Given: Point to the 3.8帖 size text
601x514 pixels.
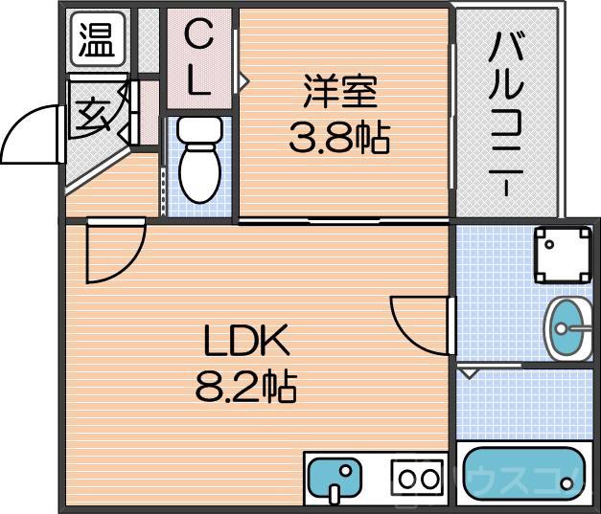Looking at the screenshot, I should click(340, 139).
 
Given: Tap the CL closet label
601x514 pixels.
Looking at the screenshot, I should click(198, 59).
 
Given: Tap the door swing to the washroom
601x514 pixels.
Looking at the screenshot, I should click(419, 324).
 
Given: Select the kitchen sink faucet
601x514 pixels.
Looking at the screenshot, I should click(335, 491).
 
